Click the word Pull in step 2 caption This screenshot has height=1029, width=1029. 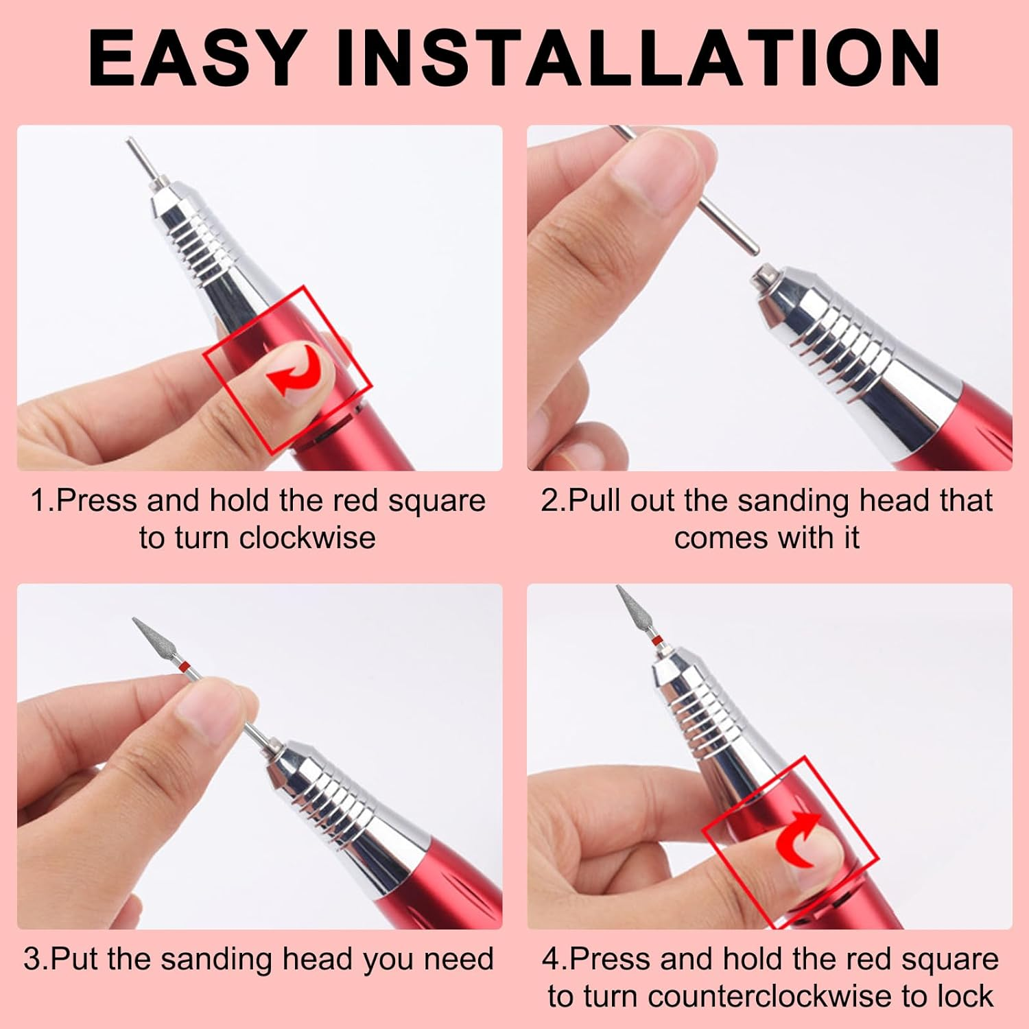597,501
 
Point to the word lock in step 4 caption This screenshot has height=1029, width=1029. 966,995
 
